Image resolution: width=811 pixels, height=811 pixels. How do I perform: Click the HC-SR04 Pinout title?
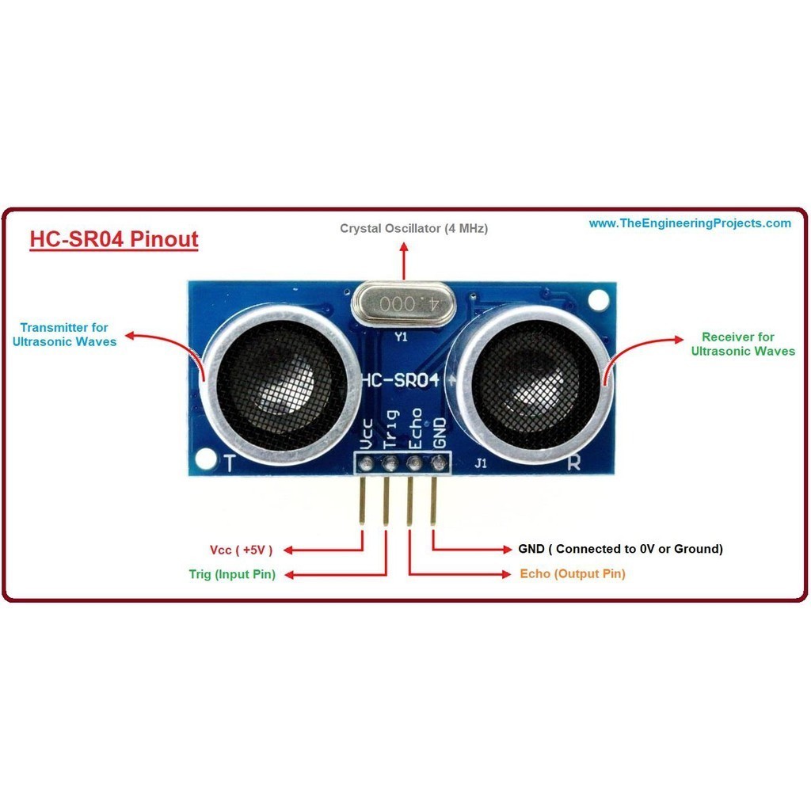(113, 238)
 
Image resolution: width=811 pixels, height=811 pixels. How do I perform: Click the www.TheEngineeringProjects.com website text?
(689, 223)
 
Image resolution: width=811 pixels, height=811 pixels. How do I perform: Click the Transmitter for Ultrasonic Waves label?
(65, 334)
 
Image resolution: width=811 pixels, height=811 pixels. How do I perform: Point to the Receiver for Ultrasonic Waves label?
(742, 344)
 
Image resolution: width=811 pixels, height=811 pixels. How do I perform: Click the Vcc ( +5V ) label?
(242, 550)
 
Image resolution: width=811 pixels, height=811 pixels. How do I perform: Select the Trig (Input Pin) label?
(232, 574)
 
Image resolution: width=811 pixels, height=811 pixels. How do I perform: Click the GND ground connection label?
(620, 548)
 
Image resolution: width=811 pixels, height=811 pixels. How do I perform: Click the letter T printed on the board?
(230, 463)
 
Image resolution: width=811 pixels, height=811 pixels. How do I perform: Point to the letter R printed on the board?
(573, 464)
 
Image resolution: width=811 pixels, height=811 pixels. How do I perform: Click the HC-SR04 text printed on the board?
(400, 380)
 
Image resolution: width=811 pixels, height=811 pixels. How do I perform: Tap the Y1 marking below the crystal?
(402, 337)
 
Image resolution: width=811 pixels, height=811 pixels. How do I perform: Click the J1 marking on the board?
(481, 465)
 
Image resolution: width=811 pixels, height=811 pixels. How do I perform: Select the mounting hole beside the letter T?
(206, 458)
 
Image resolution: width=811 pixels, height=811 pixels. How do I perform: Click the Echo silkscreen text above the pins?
(414, 428)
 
